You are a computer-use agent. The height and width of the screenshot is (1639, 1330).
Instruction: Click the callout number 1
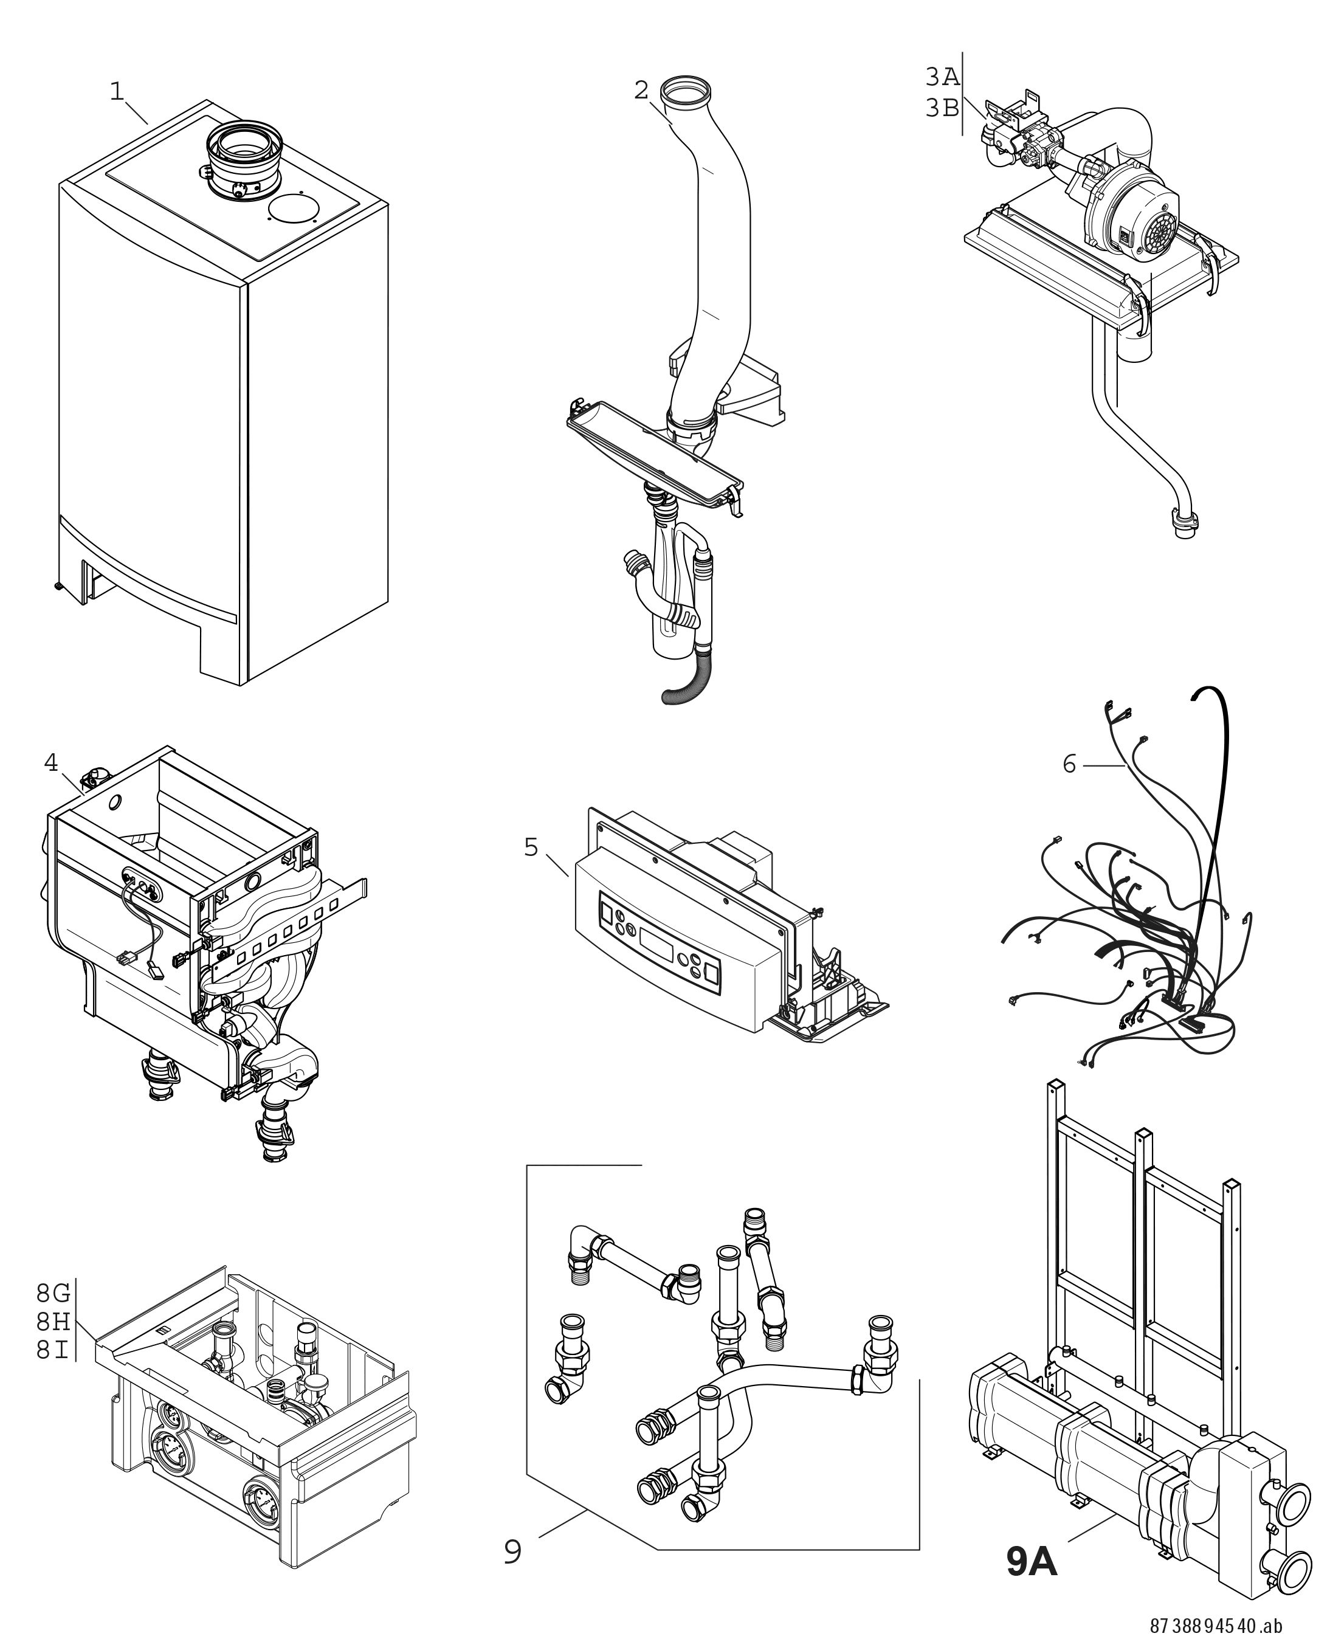tap(117, 92)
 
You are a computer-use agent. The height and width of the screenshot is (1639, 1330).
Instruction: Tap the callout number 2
tap(641, 91)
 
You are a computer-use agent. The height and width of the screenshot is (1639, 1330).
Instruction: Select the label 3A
tap(942, 77)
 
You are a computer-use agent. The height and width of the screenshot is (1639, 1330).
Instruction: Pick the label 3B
tap(942, 109)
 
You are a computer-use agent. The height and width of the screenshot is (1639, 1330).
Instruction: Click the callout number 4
tap(50, 762)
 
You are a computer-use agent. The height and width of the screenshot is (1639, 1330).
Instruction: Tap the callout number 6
tap(1069, 764)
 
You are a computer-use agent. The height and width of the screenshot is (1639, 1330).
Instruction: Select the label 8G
tap(53, 1294)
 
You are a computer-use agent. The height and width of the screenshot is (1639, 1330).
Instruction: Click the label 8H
tap(53, 1322)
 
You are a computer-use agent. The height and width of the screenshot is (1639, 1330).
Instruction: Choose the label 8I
tap(53, 1350)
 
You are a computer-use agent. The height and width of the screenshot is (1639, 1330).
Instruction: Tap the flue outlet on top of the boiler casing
tap(244, 145)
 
